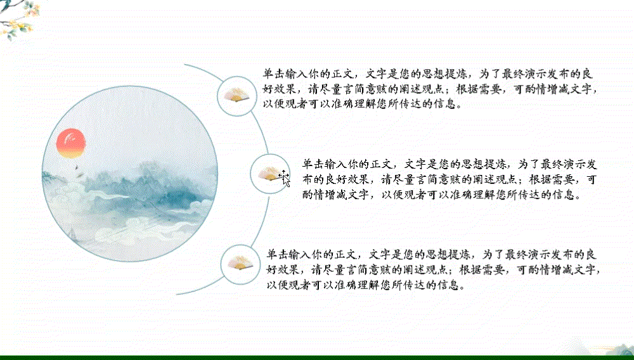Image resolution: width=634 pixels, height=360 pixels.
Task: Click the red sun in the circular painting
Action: coord(71,143)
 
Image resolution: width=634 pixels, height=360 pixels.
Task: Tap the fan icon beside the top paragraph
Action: coord(236,95)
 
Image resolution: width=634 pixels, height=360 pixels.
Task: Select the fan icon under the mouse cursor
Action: coord(269,174)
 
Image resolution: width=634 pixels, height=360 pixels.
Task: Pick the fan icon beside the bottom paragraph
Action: coord(240,264)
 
